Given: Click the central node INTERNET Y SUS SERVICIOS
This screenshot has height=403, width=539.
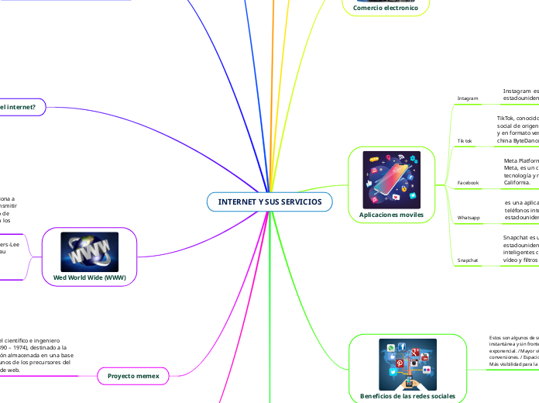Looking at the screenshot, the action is [x=269, y=201].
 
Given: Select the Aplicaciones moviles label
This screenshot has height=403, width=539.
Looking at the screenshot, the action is [x=391, y=213].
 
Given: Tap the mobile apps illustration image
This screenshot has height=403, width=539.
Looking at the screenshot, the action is [x=391, y=179].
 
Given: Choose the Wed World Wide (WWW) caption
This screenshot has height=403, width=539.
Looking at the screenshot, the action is [x=90, y=277].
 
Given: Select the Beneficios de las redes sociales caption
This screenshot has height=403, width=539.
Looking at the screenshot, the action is [x=407, y=396].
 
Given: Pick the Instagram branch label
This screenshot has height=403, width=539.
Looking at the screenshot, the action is [x=468, y=98].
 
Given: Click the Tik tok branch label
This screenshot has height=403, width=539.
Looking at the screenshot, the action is [x=465, y=141].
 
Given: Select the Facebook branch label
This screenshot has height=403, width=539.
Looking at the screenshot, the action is [x=468, y=183].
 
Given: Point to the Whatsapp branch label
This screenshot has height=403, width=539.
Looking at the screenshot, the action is [x=469, y=218].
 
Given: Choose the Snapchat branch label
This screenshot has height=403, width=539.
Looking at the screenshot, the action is [x=467, y=260].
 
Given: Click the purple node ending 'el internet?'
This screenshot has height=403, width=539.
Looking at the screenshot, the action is [x=22, y=106].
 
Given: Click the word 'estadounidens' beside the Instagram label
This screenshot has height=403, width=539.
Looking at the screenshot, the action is [x=520, y=99].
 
